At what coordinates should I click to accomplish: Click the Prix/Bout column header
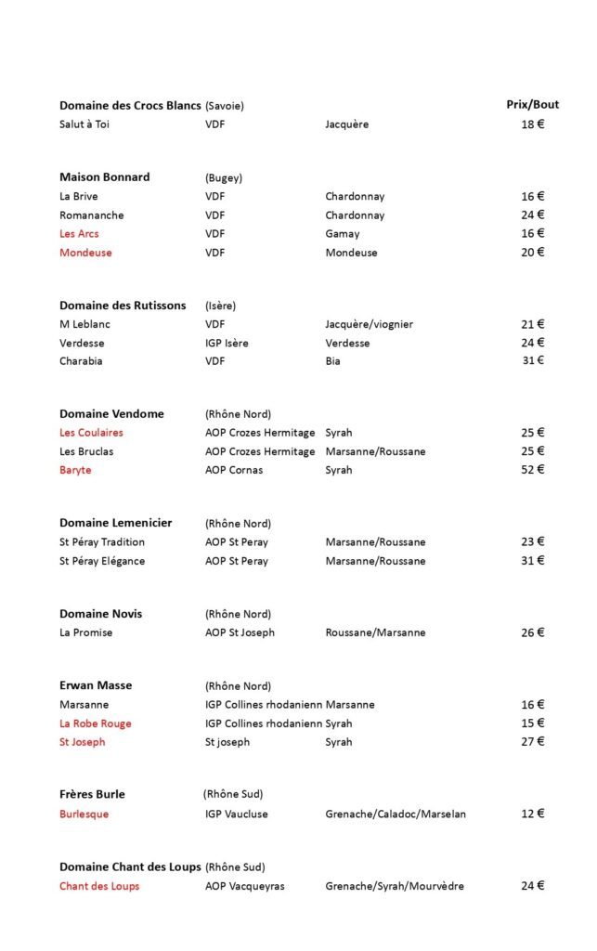(x=532, y=105)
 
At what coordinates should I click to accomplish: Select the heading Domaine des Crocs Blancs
(x=130, y=106)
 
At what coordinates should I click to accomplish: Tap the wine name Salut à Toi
(x=84, y=124)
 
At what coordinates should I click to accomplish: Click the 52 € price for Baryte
(x=532, y=470)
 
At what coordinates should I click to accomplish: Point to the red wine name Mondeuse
(x=85, y=253)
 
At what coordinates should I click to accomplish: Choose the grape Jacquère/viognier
(x=369, y=324)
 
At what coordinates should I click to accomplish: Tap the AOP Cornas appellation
(x=234, y=470)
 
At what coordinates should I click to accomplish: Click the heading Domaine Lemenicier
(x=116, y=523)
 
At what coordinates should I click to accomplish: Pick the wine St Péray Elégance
(x=102, y=561)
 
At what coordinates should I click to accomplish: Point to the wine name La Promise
(x=86, y=632)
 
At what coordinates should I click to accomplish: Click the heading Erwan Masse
(x=96, y=685)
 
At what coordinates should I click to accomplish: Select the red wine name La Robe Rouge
(x=96, y=723)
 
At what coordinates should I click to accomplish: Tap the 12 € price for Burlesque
(x=532, y=814)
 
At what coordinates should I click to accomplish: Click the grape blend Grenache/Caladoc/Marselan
(x=396, y=814)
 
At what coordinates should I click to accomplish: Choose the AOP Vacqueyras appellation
(x=245, y=886)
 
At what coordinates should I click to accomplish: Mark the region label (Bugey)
(x=224, y=177)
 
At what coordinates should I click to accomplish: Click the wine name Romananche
(x=92, y=215)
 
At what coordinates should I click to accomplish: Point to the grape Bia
(x=332, y=361)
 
